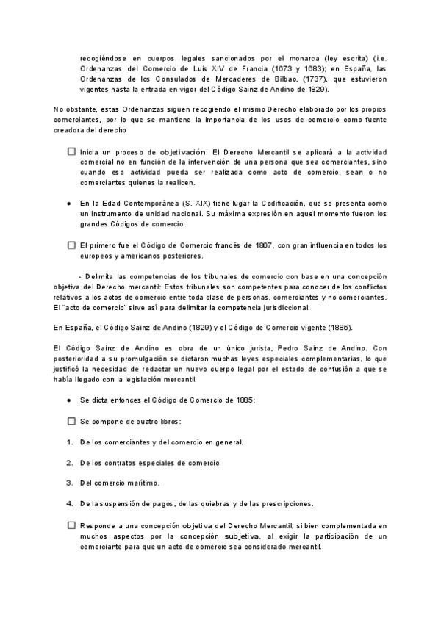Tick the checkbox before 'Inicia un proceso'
click(x=71, y=151)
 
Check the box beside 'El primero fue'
click(x=71, y=245)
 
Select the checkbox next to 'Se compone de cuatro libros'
click(x=71, y=422)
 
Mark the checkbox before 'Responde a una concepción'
click(x=71, y=525)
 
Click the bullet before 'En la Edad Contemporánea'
click(x=68, y=203)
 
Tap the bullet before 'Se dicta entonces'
click(x=68, y=400)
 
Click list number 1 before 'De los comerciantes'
click(x=68, y=442)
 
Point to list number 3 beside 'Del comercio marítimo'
click(x=68, y=483)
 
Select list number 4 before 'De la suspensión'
click(x=68, y=504)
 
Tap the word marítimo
click(x=142, y=483)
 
